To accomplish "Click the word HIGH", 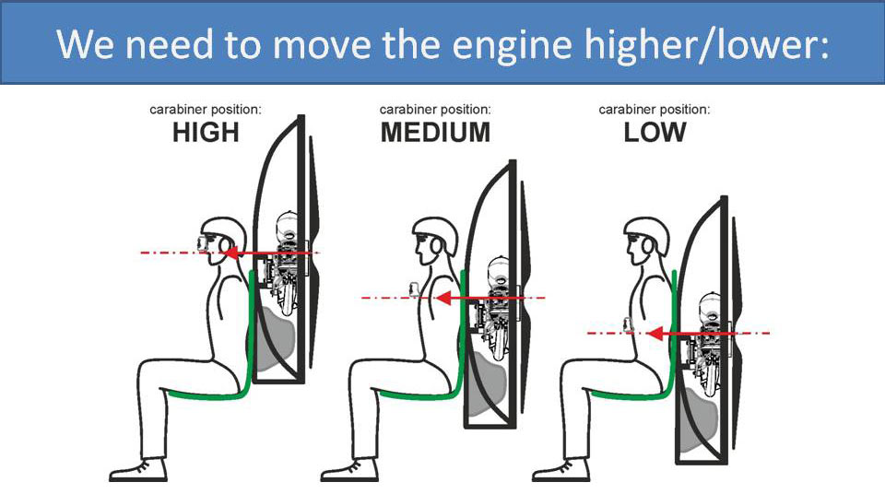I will tap(206, 133).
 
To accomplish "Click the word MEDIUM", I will tap(435, 133).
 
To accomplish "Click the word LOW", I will tap(655, 133).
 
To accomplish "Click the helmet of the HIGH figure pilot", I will tap(220, 231).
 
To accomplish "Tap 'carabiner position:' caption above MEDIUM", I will tap(435, 109).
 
